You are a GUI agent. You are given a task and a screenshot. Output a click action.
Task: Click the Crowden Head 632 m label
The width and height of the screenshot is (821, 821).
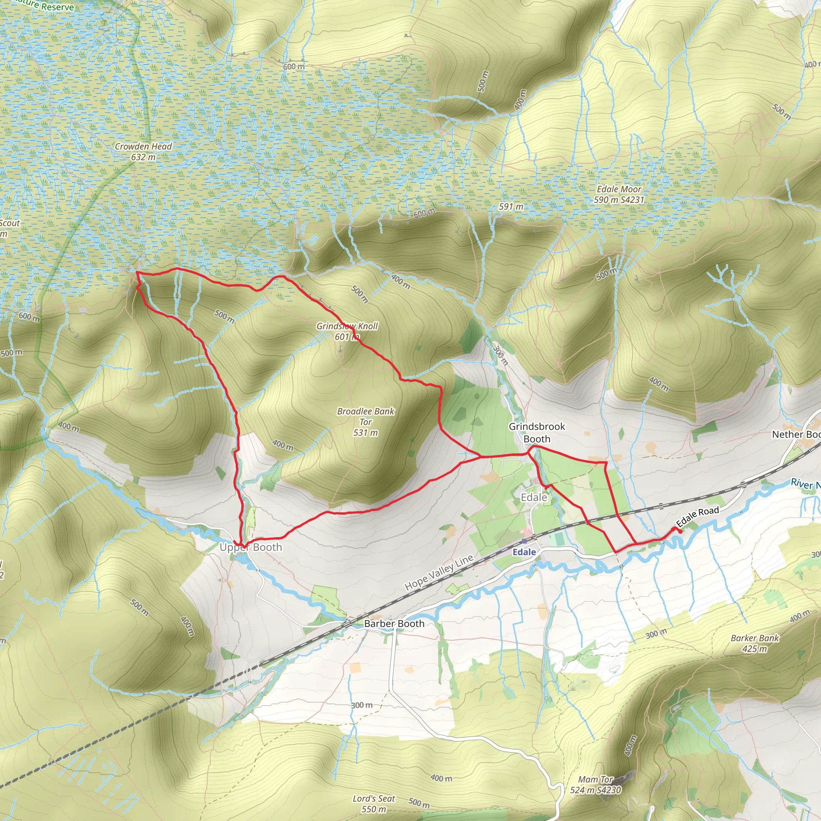143,152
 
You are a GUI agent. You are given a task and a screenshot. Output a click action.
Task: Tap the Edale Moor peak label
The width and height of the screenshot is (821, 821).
619,194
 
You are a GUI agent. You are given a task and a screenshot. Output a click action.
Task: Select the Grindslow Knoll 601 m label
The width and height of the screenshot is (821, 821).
347,331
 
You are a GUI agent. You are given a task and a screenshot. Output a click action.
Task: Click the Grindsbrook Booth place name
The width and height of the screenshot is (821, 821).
537,432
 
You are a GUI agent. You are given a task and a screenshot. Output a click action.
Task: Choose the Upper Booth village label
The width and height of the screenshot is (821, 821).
251,547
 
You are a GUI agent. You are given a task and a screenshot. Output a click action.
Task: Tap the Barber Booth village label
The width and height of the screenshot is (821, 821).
394,623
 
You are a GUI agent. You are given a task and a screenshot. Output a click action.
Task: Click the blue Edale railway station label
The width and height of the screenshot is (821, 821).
524,552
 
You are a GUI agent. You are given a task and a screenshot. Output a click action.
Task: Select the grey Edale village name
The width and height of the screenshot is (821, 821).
534,497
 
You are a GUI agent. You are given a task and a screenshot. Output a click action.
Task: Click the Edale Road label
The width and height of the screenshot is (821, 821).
698,516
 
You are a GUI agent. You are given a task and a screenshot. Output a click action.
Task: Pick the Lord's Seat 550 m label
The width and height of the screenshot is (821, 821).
374,804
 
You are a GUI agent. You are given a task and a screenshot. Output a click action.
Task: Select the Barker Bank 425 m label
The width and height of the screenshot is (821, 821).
755,643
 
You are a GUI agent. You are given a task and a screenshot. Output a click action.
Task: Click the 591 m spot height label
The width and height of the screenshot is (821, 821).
511,206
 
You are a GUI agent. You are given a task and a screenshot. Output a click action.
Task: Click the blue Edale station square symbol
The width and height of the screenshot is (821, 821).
524,541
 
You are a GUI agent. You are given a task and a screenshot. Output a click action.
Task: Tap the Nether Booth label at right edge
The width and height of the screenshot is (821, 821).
795,434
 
